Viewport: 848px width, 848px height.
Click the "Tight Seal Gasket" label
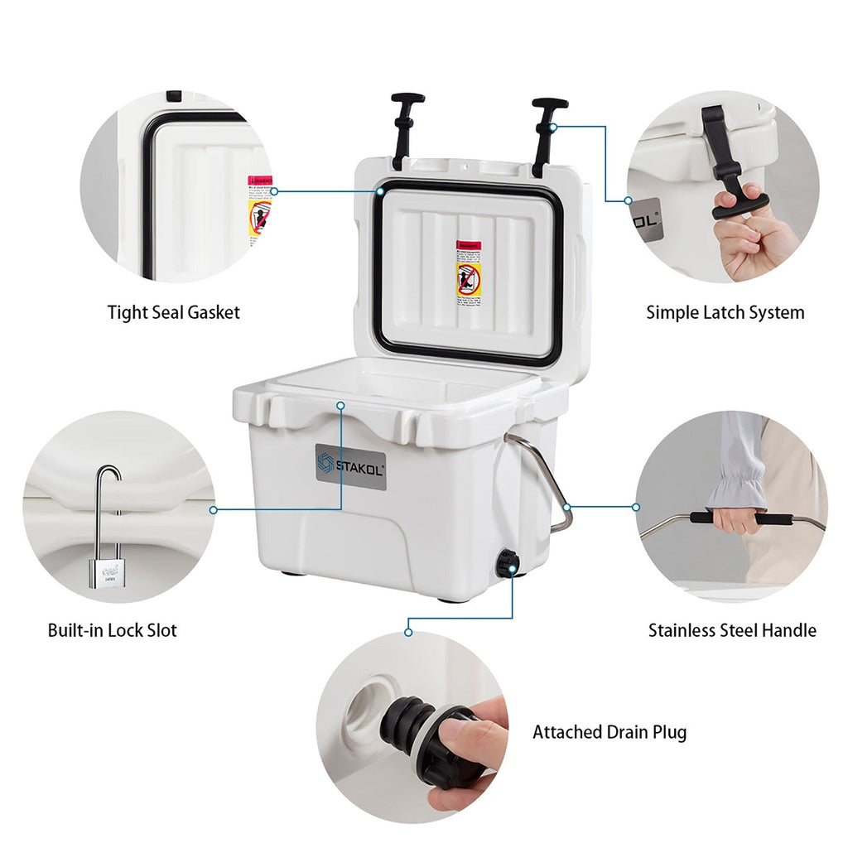tap(173, 312)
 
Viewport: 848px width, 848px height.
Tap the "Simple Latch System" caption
tap(725, 312)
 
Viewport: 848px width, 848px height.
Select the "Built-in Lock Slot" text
tap(112, 630)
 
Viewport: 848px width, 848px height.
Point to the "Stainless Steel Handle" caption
tap(732, 630)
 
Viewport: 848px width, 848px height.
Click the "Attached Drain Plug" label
tap(609, 732)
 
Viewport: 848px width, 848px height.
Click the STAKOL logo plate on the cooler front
tap(350, 467)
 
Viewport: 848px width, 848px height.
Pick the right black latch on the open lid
tap(547, 132)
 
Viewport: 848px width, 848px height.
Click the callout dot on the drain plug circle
tap(407, 633)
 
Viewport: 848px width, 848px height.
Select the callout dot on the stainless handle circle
tap(636, 507)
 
